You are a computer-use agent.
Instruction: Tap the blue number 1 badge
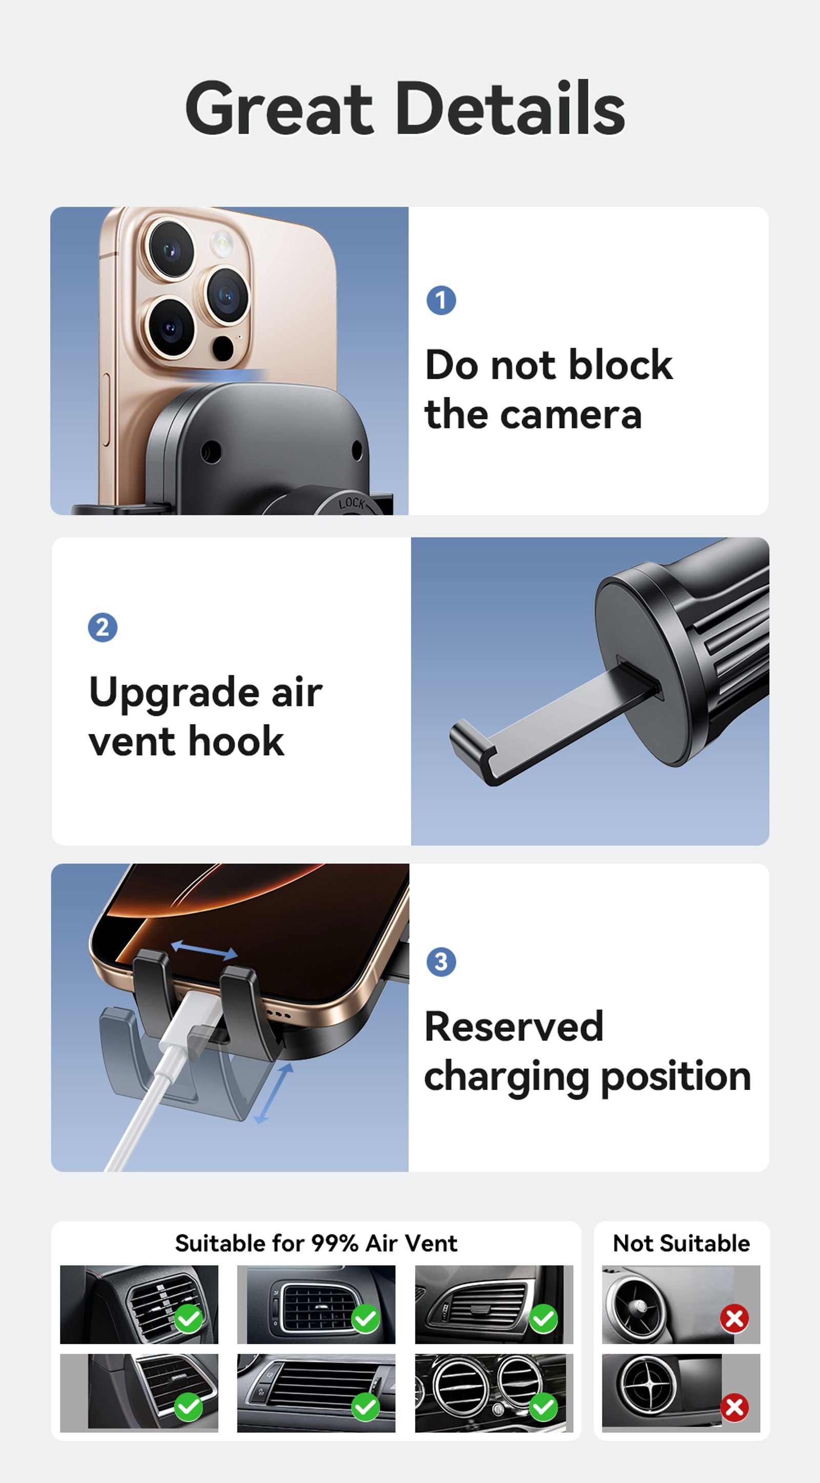441,300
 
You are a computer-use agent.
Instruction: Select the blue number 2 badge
102,628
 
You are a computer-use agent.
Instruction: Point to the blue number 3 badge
441,961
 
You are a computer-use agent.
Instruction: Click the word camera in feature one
570,416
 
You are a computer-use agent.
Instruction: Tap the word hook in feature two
236,741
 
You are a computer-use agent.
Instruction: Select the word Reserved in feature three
514,1026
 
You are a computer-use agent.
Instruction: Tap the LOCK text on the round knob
351,504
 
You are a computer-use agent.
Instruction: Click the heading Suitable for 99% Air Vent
316,1244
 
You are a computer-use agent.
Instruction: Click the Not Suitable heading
681,1244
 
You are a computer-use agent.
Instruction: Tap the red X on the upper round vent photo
734,1318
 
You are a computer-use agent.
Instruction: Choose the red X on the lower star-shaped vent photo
734,1407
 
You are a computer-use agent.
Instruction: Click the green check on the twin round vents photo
543,1407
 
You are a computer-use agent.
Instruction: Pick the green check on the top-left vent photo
188,1318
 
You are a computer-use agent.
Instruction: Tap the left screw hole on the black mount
211,452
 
